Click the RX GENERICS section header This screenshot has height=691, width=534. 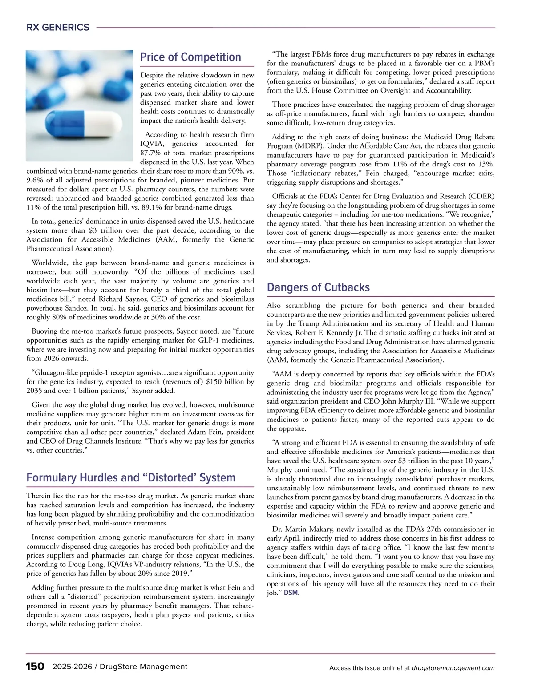click(58, 28)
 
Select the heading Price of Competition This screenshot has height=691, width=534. click(190, 57)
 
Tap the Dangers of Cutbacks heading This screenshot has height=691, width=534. click(318, 287)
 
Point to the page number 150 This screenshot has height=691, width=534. click(35, 667)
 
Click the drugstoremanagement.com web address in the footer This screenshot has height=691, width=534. click(453, 668)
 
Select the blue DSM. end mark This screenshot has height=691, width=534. click(291, 593)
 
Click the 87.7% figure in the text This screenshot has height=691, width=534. click(153, 153)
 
